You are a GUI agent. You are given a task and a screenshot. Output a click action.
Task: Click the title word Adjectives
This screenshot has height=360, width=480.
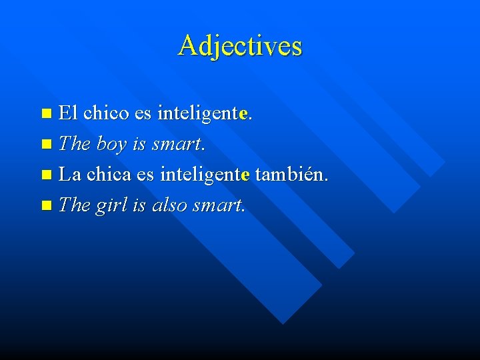[x=240, y=46]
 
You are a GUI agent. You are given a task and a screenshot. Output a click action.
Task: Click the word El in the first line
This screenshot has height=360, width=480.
[x=69, y=113]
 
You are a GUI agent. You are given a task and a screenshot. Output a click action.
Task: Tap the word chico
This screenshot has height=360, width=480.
[x=107, y=113]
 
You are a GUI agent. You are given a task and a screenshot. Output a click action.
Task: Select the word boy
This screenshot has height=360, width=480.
[x=111, y=144]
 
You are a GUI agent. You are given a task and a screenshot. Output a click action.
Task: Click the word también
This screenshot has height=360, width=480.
[x=291, y=175]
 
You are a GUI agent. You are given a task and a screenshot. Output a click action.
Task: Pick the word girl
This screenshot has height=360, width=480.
[x=111, y=205]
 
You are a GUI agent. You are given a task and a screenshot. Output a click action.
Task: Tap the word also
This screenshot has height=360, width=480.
[x=169, y=205]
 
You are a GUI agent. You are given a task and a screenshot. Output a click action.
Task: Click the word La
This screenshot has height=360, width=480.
[x=70, y=175]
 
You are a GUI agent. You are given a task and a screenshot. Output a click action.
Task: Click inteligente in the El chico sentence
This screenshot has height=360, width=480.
[x=203, y=113]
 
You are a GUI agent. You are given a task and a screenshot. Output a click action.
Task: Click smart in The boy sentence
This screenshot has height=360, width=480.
[x=178, y=144]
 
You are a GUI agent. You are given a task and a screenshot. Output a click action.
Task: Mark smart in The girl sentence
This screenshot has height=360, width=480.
[x=218, y=205]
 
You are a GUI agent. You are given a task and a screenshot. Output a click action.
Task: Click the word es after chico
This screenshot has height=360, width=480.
[x=143, y=113]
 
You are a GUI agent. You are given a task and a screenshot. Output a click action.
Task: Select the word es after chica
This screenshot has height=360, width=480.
[x=145, y=175]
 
